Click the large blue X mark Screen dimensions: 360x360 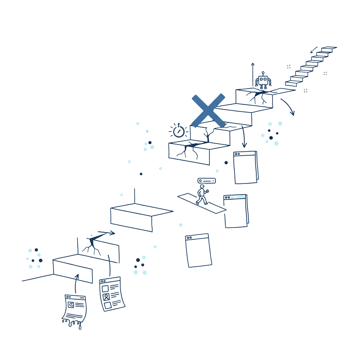pos(208,110)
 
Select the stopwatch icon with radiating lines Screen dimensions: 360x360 pos(178,131)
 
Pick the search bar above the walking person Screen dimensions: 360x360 pos(207,181)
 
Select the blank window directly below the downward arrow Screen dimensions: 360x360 pos(245,167)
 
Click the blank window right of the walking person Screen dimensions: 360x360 pos(236,211)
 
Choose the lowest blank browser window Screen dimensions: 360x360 pos(199,250)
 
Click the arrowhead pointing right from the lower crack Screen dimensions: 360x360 pos(112,233)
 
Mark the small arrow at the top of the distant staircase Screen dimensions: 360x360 pos(314,48)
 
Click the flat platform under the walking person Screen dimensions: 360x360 pos(201,204)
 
